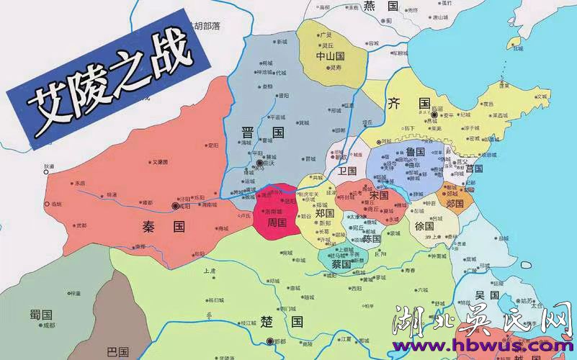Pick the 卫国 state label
(x=347, y=171)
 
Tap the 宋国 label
(x=379, y=195)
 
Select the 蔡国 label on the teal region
(x=341, y=264)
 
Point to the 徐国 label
(x=424, y=225)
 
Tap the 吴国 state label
(x=487, y=295)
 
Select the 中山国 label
(x=331, y=55)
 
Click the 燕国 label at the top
(x=381, y=6)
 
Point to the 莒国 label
(x=474, y=168)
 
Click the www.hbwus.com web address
(x=480, y=346)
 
